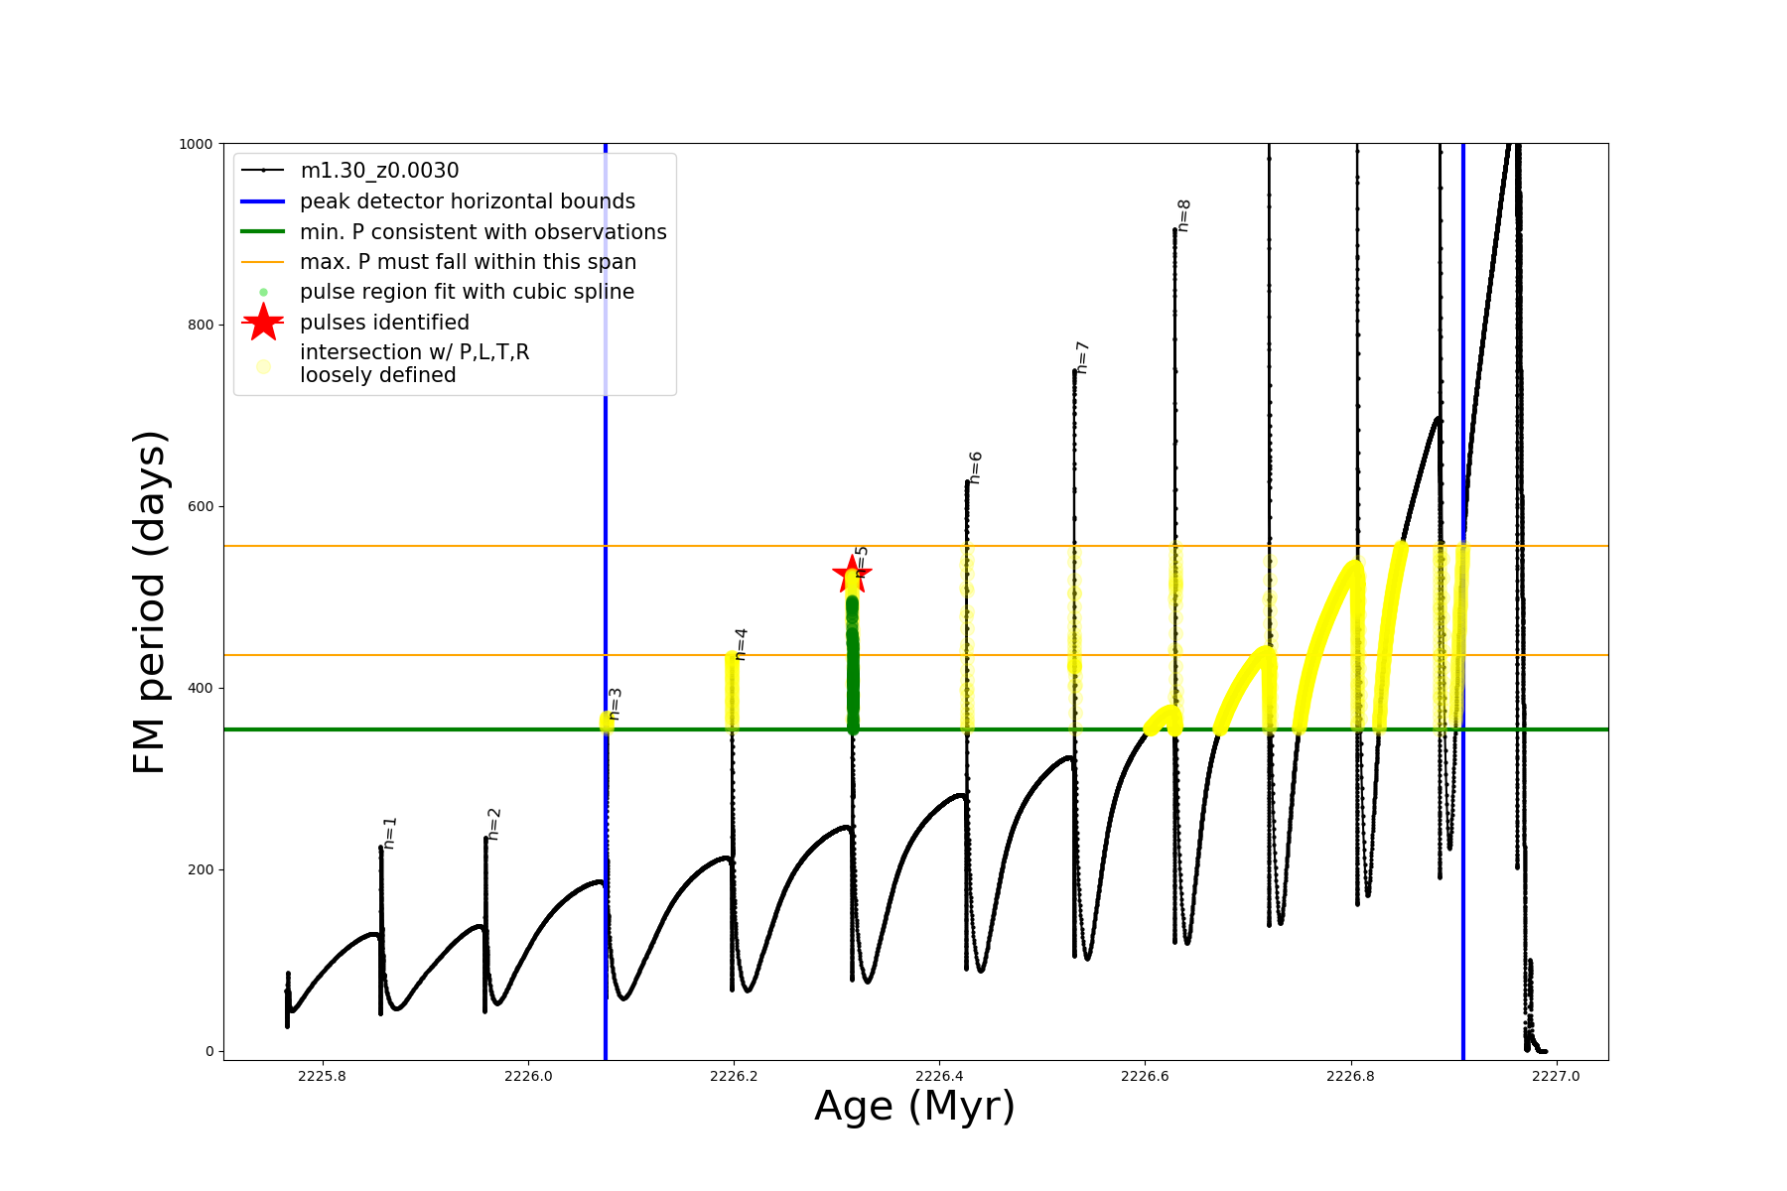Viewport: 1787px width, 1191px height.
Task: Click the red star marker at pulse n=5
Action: tap(851, 574)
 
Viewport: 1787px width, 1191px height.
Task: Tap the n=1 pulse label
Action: tap(390, 833)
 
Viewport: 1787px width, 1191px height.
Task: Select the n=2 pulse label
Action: tap(494, 824)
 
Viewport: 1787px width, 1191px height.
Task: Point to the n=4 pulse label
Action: tap(741, 643)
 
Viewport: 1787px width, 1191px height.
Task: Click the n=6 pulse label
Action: tap(976, 467)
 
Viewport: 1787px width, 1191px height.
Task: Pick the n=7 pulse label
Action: tap(1083, 357)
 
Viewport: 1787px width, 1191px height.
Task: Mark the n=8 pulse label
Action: tap(1183, 215)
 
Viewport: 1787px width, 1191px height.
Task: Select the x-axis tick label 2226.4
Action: tap(939, 1076)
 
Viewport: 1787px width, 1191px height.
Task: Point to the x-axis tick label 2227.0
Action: tap(1556, 1076)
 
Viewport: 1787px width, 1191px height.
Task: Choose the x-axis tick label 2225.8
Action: tap(322, 1076)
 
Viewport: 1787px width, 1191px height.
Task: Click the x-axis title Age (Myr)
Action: tap(914, 1107)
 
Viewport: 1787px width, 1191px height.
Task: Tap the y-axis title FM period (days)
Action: tap(149, 601)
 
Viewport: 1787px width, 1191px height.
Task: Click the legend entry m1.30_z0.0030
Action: tap(379, 171)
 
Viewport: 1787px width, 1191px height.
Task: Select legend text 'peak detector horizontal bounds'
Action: tap(468, 201)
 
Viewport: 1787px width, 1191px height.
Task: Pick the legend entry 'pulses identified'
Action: tap(384, 323)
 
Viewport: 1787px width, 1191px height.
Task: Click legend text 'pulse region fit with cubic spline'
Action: tap(467, 292)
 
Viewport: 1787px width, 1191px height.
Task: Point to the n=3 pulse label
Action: tap(616, 704)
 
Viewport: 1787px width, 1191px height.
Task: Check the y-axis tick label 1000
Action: tap(196, 144)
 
